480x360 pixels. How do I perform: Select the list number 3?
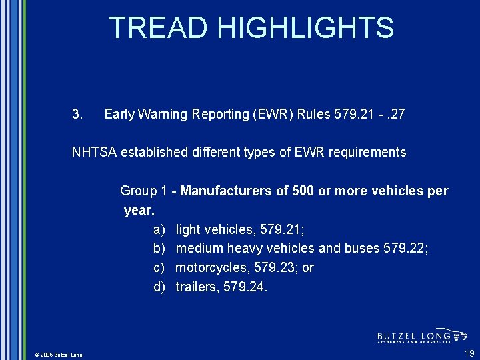[x=77, y=115]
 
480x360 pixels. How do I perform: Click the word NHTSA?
[x=93, y=153]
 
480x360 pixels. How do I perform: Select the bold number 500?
[x=303, y=191]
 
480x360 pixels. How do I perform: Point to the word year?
[x=139, y=211]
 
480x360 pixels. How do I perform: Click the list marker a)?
[x=159, y=230]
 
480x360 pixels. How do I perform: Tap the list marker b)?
[x=159, y=249]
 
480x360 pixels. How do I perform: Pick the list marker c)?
[x=159, y=268]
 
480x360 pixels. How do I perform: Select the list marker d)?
[x=159, y=287]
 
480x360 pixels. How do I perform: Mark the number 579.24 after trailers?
[x=246, y=287]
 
